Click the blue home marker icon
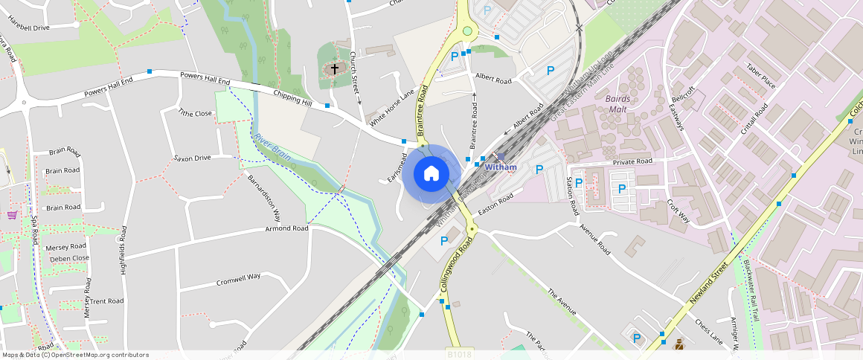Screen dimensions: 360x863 click(x=431, y=174)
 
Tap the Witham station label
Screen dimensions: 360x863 click(x=500, y=167)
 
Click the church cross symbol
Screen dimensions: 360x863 click(x=335, y=69)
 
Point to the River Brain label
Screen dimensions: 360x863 click(x=272, y=147)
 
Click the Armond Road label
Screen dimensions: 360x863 click(x=286, y=228)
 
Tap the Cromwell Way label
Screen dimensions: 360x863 click(x=238, y=280)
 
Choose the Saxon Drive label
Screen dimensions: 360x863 click(x=192, y=158)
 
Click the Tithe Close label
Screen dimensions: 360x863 click(x=195, y=113)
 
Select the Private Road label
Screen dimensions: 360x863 click(x=632, y=161)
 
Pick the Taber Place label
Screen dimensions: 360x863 click(x=760, y=77)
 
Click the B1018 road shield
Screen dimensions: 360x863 click(x=459, y=355)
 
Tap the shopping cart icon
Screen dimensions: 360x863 click(x=13, y=215)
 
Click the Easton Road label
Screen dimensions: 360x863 click(x=495, y=204)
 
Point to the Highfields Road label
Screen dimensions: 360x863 click(x=123, y=251)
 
